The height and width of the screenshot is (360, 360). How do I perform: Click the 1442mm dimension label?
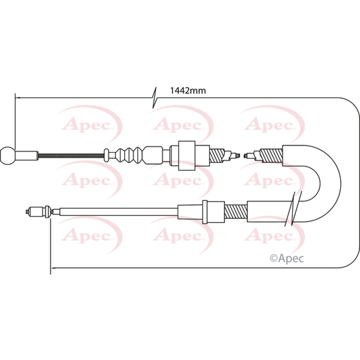[x=188, y=91]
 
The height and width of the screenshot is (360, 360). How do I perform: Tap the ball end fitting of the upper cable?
[x=8, y=155]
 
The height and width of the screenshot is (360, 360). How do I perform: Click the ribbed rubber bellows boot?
[x=129, y=155]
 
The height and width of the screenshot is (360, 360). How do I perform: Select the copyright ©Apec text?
[x=287, y=258]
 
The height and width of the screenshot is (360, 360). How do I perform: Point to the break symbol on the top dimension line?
[x=154, y=98]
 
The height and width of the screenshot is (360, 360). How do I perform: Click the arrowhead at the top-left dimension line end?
[x=18, y=98]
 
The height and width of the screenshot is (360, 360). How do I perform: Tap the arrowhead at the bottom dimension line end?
[x=53, y=268]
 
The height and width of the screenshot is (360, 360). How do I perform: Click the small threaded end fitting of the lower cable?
[x=35, y=211]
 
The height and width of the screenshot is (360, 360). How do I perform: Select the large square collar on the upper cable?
[x=187, y=155]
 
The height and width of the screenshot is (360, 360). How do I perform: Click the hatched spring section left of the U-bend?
[x=271, y=156]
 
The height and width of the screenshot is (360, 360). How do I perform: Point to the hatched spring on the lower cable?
[x=236, y=211]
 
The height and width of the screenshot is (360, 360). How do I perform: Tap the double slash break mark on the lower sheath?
[x=293, y=208]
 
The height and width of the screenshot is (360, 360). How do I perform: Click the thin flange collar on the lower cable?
[x=205, y=211]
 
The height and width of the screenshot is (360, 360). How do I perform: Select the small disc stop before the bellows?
[x=106, y=155]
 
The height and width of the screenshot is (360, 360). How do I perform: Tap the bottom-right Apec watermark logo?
[x=272, y=235]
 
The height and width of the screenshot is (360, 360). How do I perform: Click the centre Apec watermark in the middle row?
[x=181, y=180]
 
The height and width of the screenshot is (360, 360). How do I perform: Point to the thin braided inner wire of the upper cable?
[x=71, y=156]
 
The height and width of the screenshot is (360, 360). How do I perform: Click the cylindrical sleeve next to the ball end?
[x=27, y=155]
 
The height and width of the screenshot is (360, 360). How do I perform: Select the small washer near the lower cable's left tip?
[x=48, y=211]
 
